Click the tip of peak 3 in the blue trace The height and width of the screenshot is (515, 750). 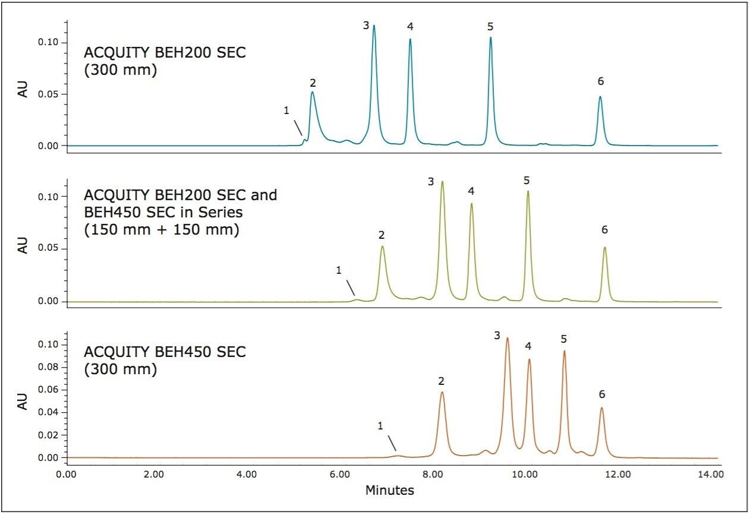pyautogui.click(x=374, y=26)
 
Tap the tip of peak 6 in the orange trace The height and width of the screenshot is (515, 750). pyautogui.click(x=601, y=407)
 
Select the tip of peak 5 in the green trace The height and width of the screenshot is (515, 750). pyautogui.click(x=527, y=191)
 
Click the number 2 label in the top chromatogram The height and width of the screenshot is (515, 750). pyautogui.click(x=313, y=83)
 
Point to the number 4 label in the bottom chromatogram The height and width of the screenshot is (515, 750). pyautogui.click(x=528, y=346)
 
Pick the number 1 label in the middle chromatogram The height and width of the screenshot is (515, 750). pyautogui.click(x=339, y=270)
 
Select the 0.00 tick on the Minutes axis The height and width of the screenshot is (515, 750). pyautogui.click(x=67, y=475)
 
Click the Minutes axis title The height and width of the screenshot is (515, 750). pyautogui.click(x=389, y=490)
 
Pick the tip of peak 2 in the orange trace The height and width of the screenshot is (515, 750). pyautogui.click(x=442, y=392)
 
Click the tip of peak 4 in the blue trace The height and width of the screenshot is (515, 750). pyautogui.click(x=410, y=39)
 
